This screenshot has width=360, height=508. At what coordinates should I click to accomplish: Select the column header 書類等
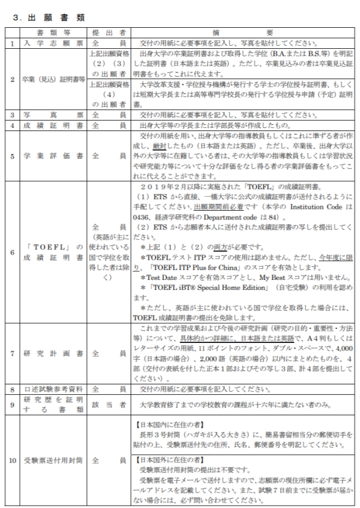click(52, 32)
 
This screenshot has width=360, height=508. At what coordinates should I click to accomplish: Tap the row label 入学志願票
click(52, 43)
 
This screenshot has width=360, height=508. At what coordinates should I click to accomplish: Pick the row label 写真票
click(52, 114)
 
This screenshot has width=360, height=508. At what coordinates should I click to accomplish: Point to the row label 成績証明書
click(52, 125)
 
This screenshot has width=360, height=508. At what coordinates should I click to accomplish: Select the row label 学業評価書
click(52, 156)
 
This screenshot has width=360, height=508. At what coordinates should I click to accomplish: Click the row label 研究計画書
click(52, 354)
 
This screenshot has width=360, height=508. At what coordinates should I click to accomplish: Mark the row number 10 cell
click(12, 460)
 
